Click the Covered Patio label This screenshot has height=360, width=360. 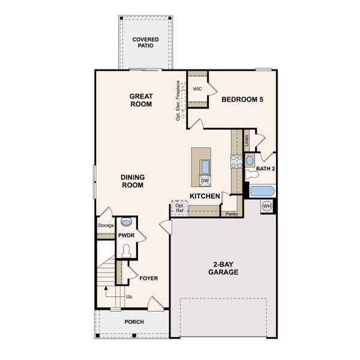146,43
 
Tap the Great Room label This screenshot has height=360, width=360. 141,100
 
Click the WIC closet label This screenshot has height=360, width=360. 197,89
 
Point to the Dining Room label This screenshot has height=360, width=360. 132,181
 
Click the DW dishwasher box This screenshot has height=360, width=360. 205,180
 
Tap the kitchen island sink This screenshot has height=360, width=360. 205,166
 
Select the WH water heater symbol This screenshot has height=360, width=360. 267,207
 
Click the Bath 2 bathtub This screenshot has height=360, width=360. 262,192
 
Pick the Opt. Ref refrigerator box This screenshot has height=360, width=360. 179,208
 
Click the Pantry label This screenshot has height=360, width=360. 231,214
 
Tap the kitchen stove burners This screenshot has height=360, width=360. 236,161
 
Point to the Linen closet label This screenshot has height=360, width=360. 246,142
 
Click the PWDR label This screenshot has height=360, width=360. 126,236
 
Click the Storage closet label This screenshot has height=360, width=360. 106,226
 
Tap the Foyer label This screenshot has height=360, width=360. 148,278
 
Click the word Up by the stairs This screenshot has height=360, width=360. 129,296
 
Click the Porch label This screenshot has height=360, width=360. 134,322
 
